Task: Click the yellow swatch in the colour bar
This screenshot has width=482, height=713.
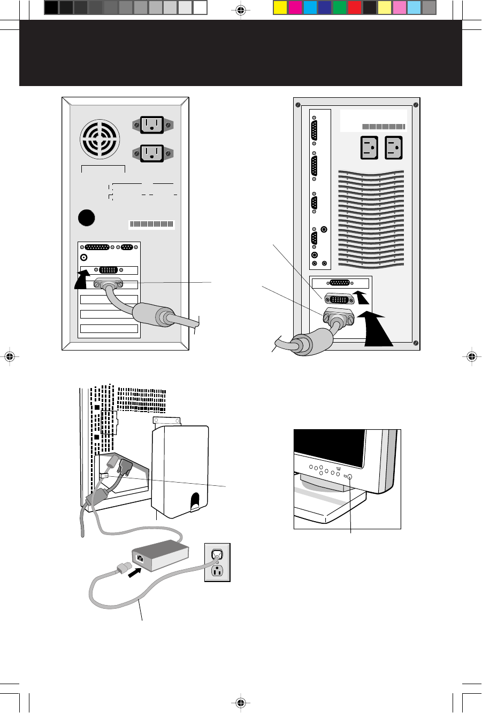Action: click(280, 7)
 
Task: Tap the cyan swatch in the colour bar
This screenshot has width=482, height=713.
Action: click(310, 7)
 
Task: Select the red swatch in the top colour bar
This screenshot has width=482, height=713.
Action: click(354, 7)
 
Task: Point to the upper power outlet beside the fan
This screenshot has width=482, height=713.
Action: click(153, 125)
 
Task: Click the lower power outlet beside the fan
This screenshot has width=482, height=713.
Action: click(153, 153)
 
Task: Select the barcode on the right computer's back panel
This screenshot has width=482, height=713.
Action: click(384, 127)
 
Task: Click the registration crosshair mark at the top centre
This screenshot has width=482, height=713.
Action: click(240, 10)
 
